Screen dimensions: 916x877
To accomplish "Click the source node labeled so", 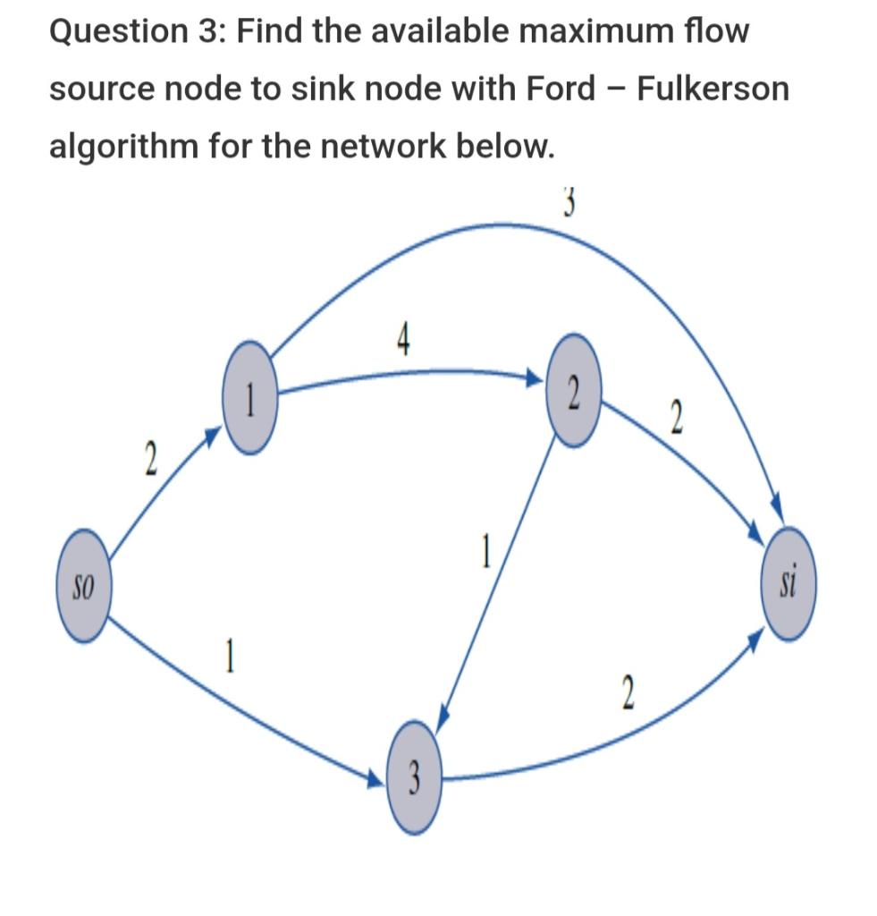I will (83, 588).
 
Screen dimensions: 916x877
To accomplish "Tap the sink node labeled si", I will (789, 583).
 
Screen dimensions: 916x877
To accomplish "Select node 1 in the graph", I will (251, 395).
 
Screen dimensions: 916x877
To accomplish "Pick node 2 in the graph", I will (573, 390).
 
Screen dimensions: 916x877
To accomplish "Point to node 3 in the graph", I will (414, 776).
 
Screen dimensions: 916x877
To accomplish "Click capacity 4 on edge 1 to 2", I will (403, 341).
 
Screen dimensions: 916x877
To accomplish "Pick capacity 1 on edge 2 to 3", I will (485, 551).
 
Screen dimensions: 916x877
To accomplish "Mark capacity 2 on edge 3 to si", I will (628, 693).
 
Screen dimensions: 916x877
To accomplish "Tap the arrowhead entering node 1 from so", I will (212, 436).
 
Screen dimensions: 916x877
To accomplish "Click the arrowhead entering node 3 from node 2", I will (442, 723).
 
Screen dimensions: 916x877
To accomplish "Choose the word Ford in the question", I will (552, 89).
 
